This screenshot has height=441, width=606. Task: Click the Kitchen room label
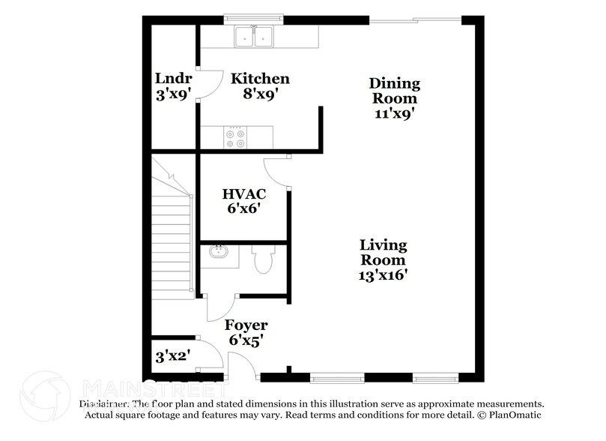click(260, 79)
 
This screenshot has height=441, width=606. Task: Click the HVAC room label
click(244, 194)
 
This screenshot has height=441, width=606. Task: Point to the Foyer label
click(246, 325)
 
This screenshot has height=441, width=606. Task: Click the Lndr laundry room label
click(173, 79)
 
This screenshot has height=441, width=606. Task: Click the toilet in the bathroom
click(263, 259)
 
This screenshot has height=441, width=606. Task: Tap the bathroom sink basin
click(219, 253)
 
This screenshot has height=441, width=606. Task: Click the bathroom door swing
click(218, 307)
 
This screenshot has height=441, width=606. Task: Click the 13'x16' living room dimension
click(383, 274)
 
